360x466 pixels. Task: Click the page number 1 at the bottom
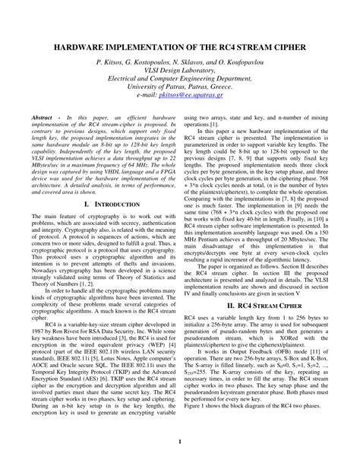click(x=180, y=442)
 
